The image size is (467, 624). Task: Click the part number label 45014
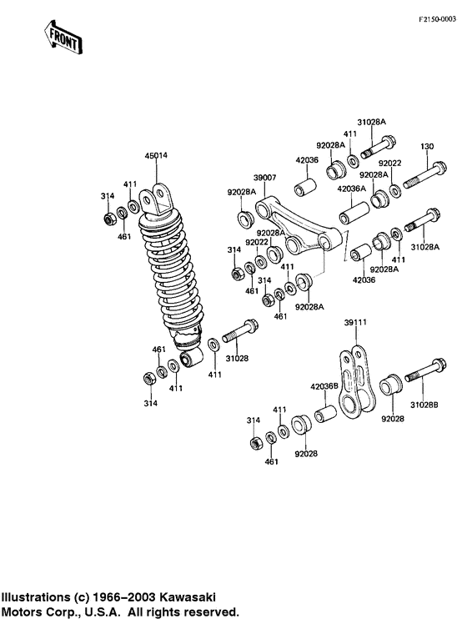pos(156,155)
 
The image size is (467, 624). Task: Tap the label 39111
pos(356,320)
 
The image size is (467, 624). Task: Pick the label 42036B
pos(324,386)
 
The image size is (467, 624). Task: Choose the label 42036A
pos(349,189)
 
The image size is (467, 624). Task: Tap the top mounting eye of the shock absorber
pos(158,201)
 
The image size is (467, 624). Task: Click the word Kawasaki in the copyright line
pos(189,596)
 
